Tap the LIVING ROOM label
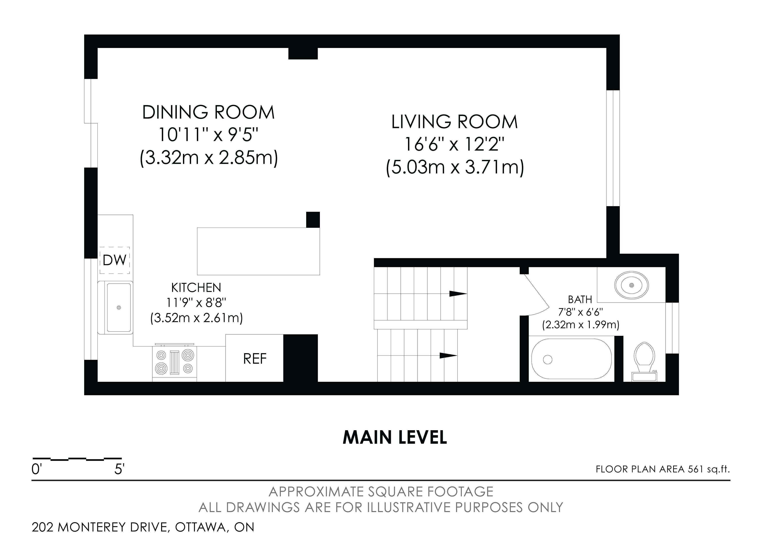pos(454,122)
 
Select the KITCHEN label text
pos(196,287)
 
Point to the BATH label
pos(580,300)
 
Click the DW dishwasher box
pos(115,260)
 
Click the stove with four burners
pos(175,362)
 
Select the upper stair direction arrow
pos(458,294)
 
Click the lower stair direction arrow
pos(448,356)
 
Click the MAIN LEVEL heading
pos(395,437)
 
